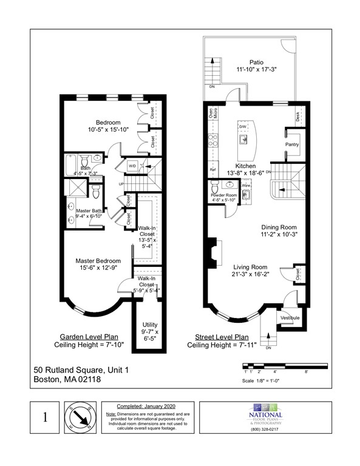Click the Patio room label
(x=257, y=62)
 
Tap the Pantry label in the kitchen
(x=292, y=145)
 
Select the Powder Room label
(x=223, y=195)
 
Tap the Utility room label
(x=149, y=325)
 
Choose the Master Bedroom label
(x=98, y=262)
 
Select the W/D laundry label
(x=132, y=166)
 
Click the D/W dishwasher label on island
(x=242, y=127)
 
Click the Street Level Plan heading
(x=221, y=337)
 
